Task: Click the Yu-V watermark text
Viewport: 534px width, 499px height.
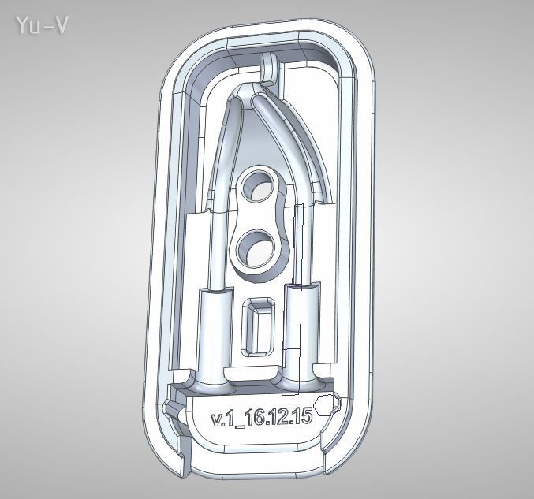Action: click(40, 25)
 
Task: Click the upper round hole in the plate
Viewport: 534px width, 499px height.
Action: click(256, 186)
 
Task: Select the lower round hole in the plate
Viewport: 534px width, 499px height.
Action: click(253, 248)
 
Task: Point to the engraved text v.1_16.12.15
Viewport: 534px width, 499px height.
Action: click(261, 418)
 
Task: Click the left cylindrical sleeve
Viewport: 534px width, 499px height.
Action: click(216, 331)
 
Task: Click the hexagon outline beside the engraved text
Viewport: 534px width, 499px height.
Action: click(332, 404)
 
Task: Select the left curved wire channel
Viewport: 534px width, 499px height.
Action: click(222, 158)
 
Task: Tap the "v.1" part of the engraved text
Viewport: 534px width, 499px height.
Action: click(221, 419)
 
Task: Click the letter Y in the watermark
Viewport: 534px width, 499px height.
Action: click(21, 25)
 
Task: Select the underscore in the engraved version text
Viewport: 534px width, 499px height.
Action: click(239, 426)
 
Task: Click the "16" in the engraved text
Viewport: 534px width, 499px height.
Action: click(254, 418)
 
